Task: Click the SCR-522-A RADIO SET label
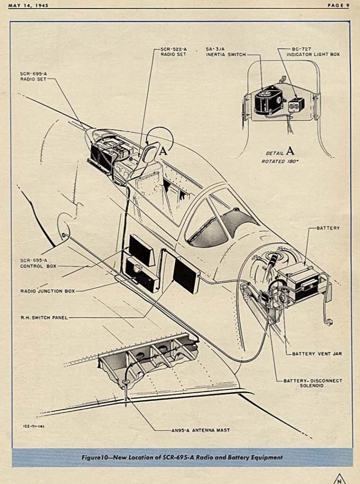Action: click(x=174, y=52)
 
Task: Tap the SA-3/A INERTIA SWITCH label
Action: click(x=226, y=52)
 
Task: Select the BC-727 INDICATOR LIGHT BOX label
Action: click(x=313, y=52)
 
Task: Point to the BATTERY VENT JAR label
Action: click(x=316, y=354)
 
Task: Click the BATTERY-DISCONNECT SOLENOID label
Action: click(x=313, y=383)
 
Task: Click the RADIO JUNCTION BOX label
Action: click(x=48, y=291)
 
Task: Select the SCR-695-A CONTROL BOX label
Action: click(x=38, y=263)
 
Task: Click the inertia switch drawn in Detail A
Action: click(x=268, y=100)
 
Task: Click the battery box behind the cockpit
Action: click(x=300, y=281)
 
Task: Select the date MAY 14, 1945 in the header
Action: click(x=28, y=5)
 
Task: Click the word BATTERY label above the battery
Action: click(x=328, y=228)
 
